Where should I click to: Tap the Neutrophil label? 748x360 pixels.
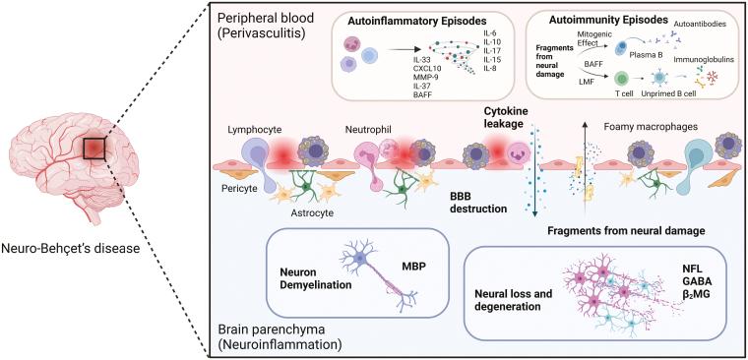[x=368, y=129]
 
